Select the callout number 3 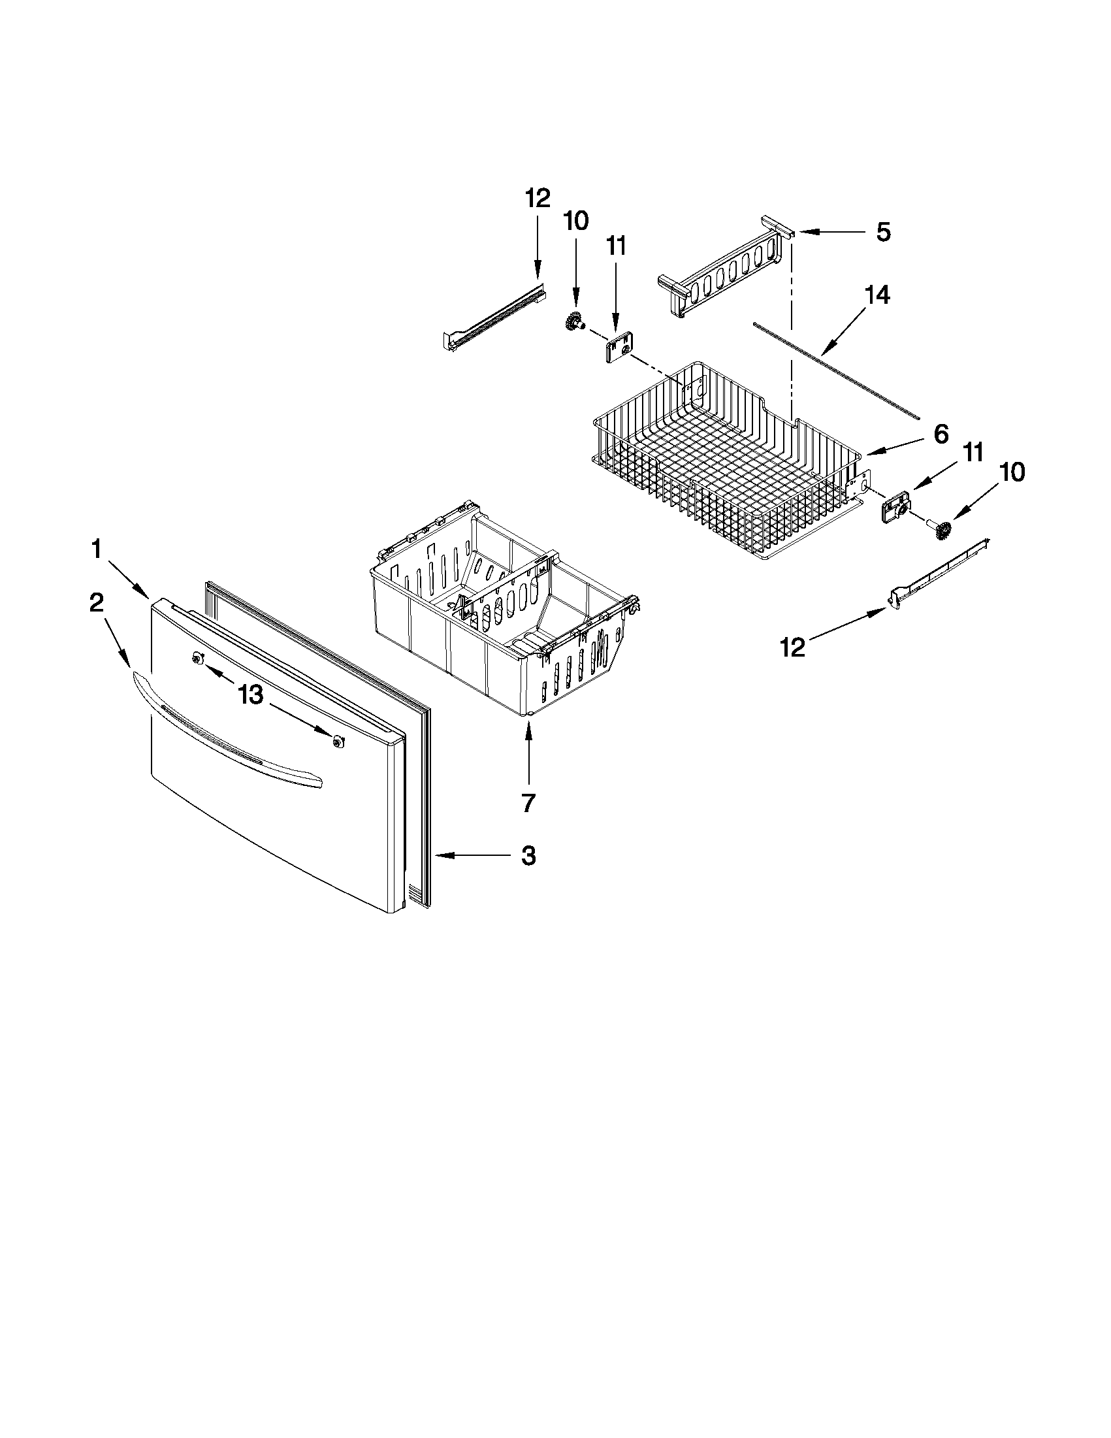(x=528, y=856)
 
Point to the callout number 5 (x=882, y=232)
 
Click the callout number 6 (x=941, y=434)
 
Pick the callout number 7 (x=528, y=802)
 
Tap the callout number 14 (x=877, y=295)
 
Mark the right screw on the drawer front (x=338, y=742)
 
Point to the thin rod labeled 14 (x=836, y=368)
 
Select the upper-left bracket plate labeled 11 (x=615, y=348)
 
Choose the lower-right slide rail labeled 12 (x=941, y=566)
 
